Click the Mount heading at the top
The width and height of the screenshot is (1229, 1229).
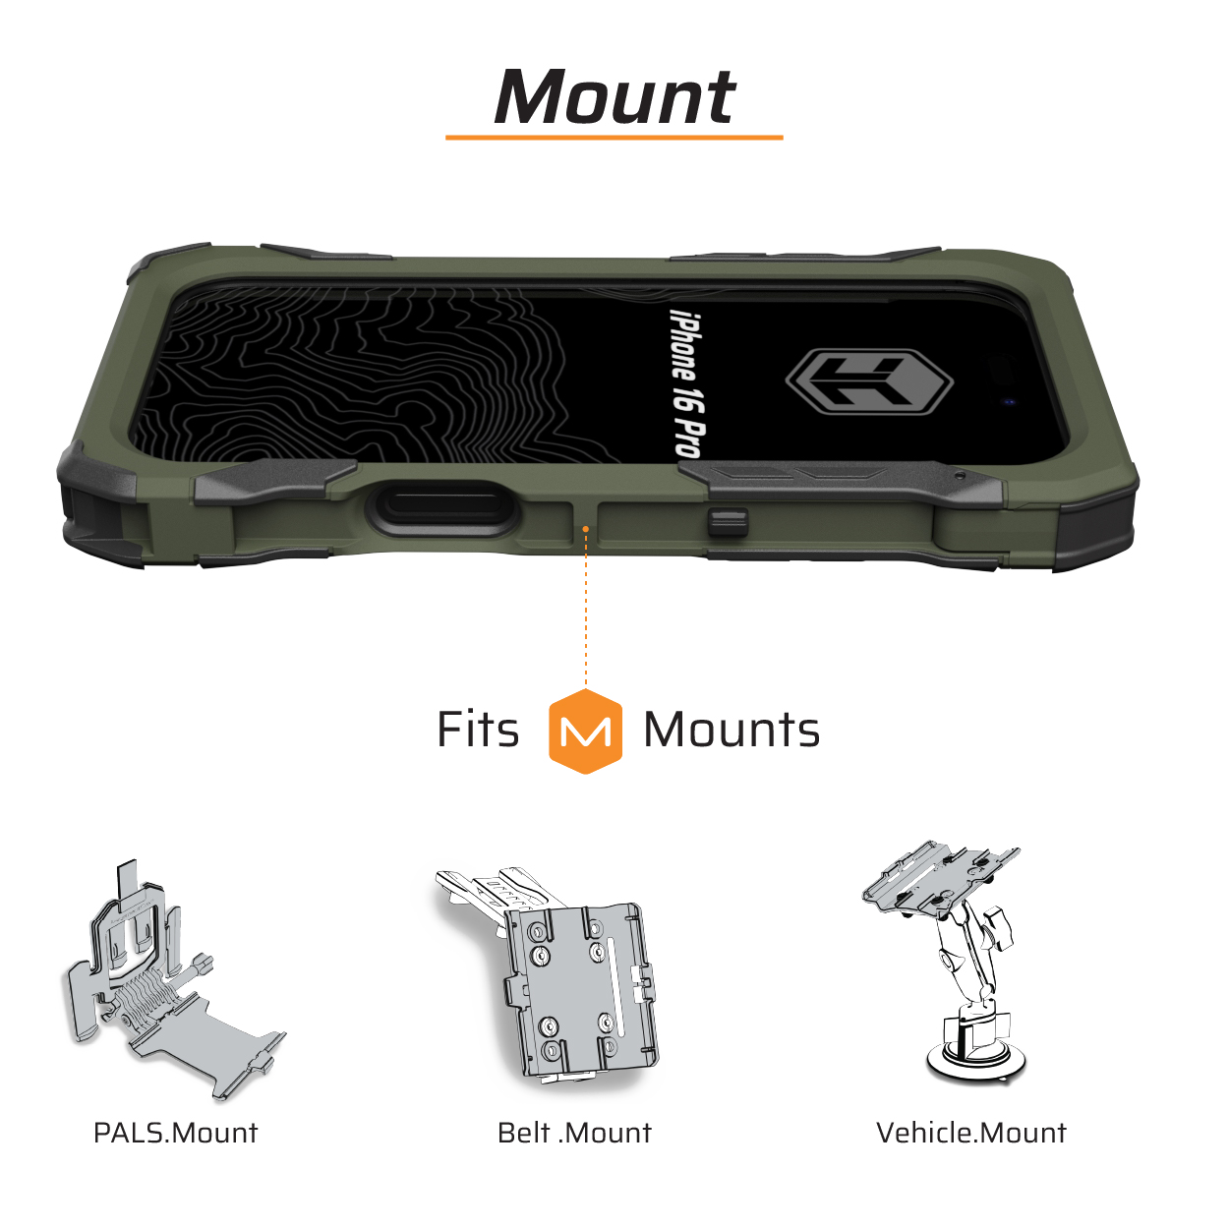[x=614, y=96]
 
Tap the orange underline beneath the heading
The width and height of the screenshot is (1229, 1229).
[x=614, y=137]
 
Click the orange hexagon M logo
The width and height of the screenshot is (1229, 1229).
[x=585, y=731]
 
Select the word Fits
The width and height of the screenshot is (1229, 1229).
[x=478, y=730]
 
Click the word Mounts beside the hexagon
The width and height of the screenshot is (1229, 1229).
[x=732, y=731]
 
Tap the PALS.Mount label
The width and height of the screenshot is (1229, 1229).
[x=175, y=1134]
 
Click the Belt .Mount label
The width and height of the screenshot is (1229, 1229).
[x=574, y=1134]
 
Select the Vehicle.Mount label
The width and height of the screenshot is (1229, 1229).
[x=970, y=1134]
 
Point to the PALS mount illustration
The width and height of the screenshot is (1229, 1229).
[x=173, y=981]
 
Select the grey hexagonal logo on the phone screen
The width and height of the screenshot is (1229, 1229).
[x=869, y=381]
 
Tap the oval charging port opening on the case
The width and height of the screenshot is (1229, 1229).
[x=441, y=504]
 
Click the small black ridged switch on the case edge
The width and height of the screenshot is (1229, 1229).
[x=728, y=522]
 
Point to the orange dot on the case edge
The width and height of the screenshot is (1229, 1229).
[x=585, y=529]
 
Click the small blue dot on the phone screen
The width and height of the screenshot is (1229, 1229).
[x=1008, y=402]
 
